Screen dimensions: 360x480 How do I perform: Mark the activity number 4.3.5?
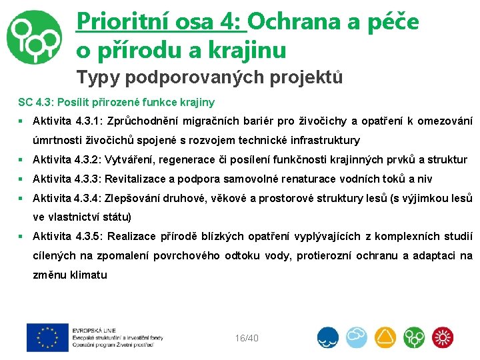click(85, 236)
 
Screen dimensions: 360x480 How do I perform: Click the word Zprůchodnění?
click(137, 121)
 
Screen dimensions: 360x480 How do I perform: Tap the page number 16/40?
click(247, 338)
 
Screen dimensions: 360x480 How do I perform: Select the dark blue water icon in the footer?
click(327, 338)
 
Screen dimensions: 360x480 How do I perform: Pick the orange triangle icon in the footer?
click(385, 338)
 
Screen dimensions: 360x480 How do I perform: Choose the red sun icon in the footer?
click(443, 338)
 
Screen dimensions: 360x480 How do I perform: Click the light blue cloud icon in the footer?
click(356, 338)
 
